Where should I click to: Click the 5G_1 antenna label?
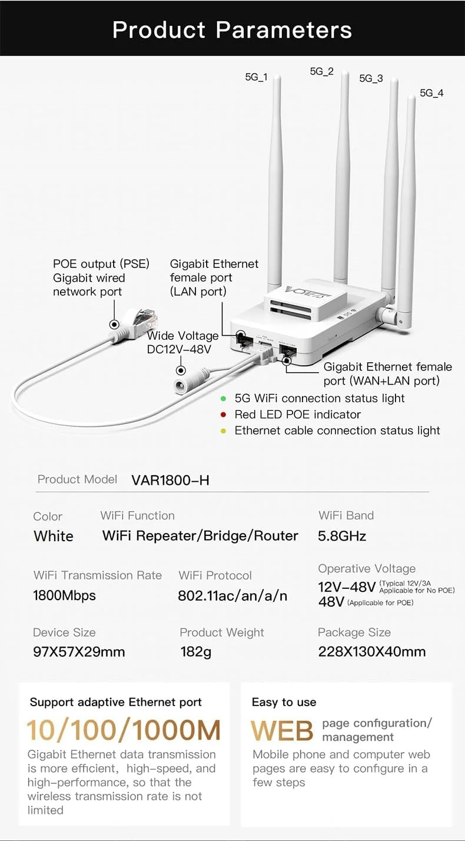(256, 77)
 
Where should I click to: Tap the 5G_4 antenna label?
(431, 93)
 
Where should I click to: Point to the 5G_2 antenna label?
(321, 72)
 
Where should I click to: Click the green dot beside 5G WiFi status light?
(223, 399)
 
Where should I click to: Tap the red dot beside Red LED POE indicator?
(223, 415)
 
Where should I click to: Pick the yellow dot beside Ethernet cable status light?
(223, 431)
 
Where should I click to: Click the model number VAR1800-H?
(170, 480)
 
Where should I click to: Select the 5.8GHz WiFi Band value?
(342, 536)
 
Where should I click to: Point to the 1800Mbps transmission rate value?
(64, 595)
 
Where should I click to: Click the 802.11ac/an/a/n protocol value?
(232, 596)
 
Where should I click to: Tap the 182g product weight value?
(195, 652)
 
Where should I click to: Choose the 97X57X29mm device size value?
(79, 652)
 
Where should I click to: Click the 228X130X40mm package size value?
(371, 652)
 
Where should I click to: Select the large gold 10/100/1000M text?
(124, 730)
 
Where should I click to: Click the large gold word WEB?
(282, 731)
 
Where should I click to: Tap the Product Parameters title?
(232, 29)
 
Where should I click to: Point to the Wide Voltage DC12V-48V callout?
(182, 342)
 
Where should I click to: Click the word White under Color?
(54, 537)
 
